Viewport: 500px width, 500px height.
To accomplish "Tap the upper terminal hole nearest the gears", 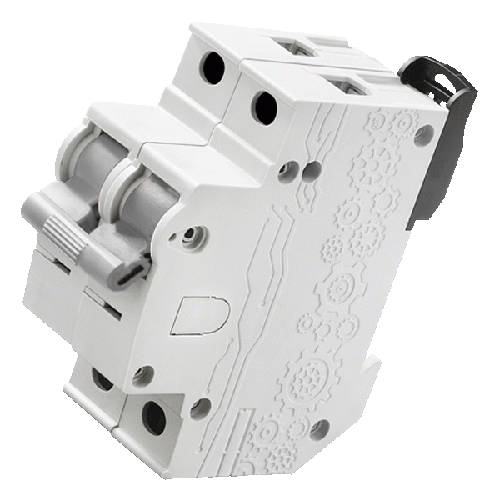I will [265, 105].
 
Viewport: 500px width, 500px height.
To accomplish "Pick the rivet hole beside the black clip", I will [428, 132].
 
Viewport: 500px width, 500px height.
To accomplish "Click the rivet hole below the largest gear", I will [317, 429].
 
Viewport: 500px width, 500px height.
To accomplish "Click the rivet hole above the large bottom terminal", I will [142, 374].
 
